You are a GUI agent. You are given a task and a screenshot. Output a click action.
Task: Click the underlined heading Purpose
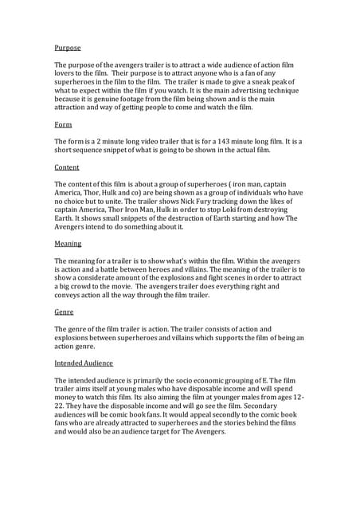(67, 49)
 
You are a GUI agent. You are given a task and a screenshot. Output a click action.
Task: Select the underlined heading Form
(63, 125)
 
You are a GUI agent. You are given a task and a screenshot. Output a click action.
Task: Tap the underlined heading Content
(67, 167)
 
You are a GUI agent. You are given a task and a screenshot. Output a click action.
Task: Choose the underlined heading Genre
(64, 312)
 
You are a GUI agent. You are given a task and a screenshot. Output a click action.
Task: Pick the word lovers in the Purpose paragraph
(66, 73)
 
